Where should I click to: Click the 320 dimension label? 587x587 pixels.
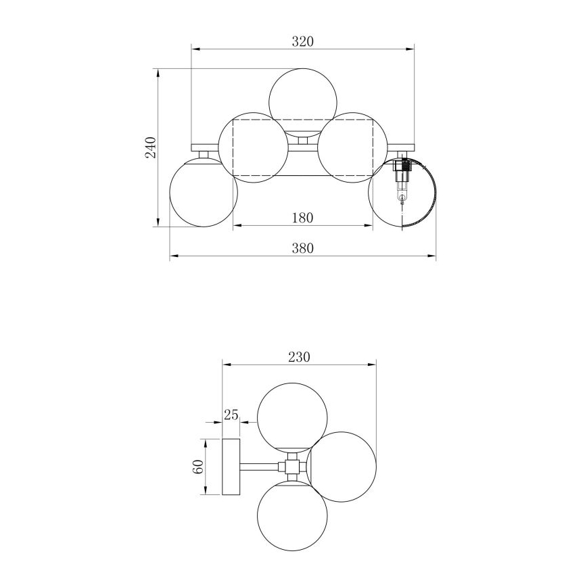click(x=302, y=41)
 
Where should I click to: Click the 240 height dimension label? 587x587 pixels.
click(x=151, y=147)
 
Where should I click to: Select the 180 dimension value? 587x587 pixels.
click(x=302, y=218)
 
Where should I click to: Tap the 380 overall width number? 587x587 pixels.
click(x=302, y=248)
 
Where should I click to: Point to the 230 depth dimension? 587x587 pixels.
click(x=299, y=357)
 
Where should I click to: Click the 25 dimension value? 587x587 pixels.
click(x=231, y=415)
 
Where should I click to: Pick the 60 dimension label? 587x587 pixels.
click(x=197, y=467)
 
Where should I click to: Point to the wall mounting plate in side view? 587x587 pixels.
click(x=231, y=467)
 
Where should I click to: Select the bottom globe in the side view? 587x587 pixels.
click(x=293, y=515)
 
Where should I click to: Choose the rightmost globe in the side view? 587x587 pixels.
click(x=342, y=467)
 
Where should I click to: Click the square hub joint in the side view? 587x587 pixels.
click(x=292, y=467)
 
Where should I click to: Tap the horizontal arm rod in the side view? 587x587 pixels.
click(x=260, y=467)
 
